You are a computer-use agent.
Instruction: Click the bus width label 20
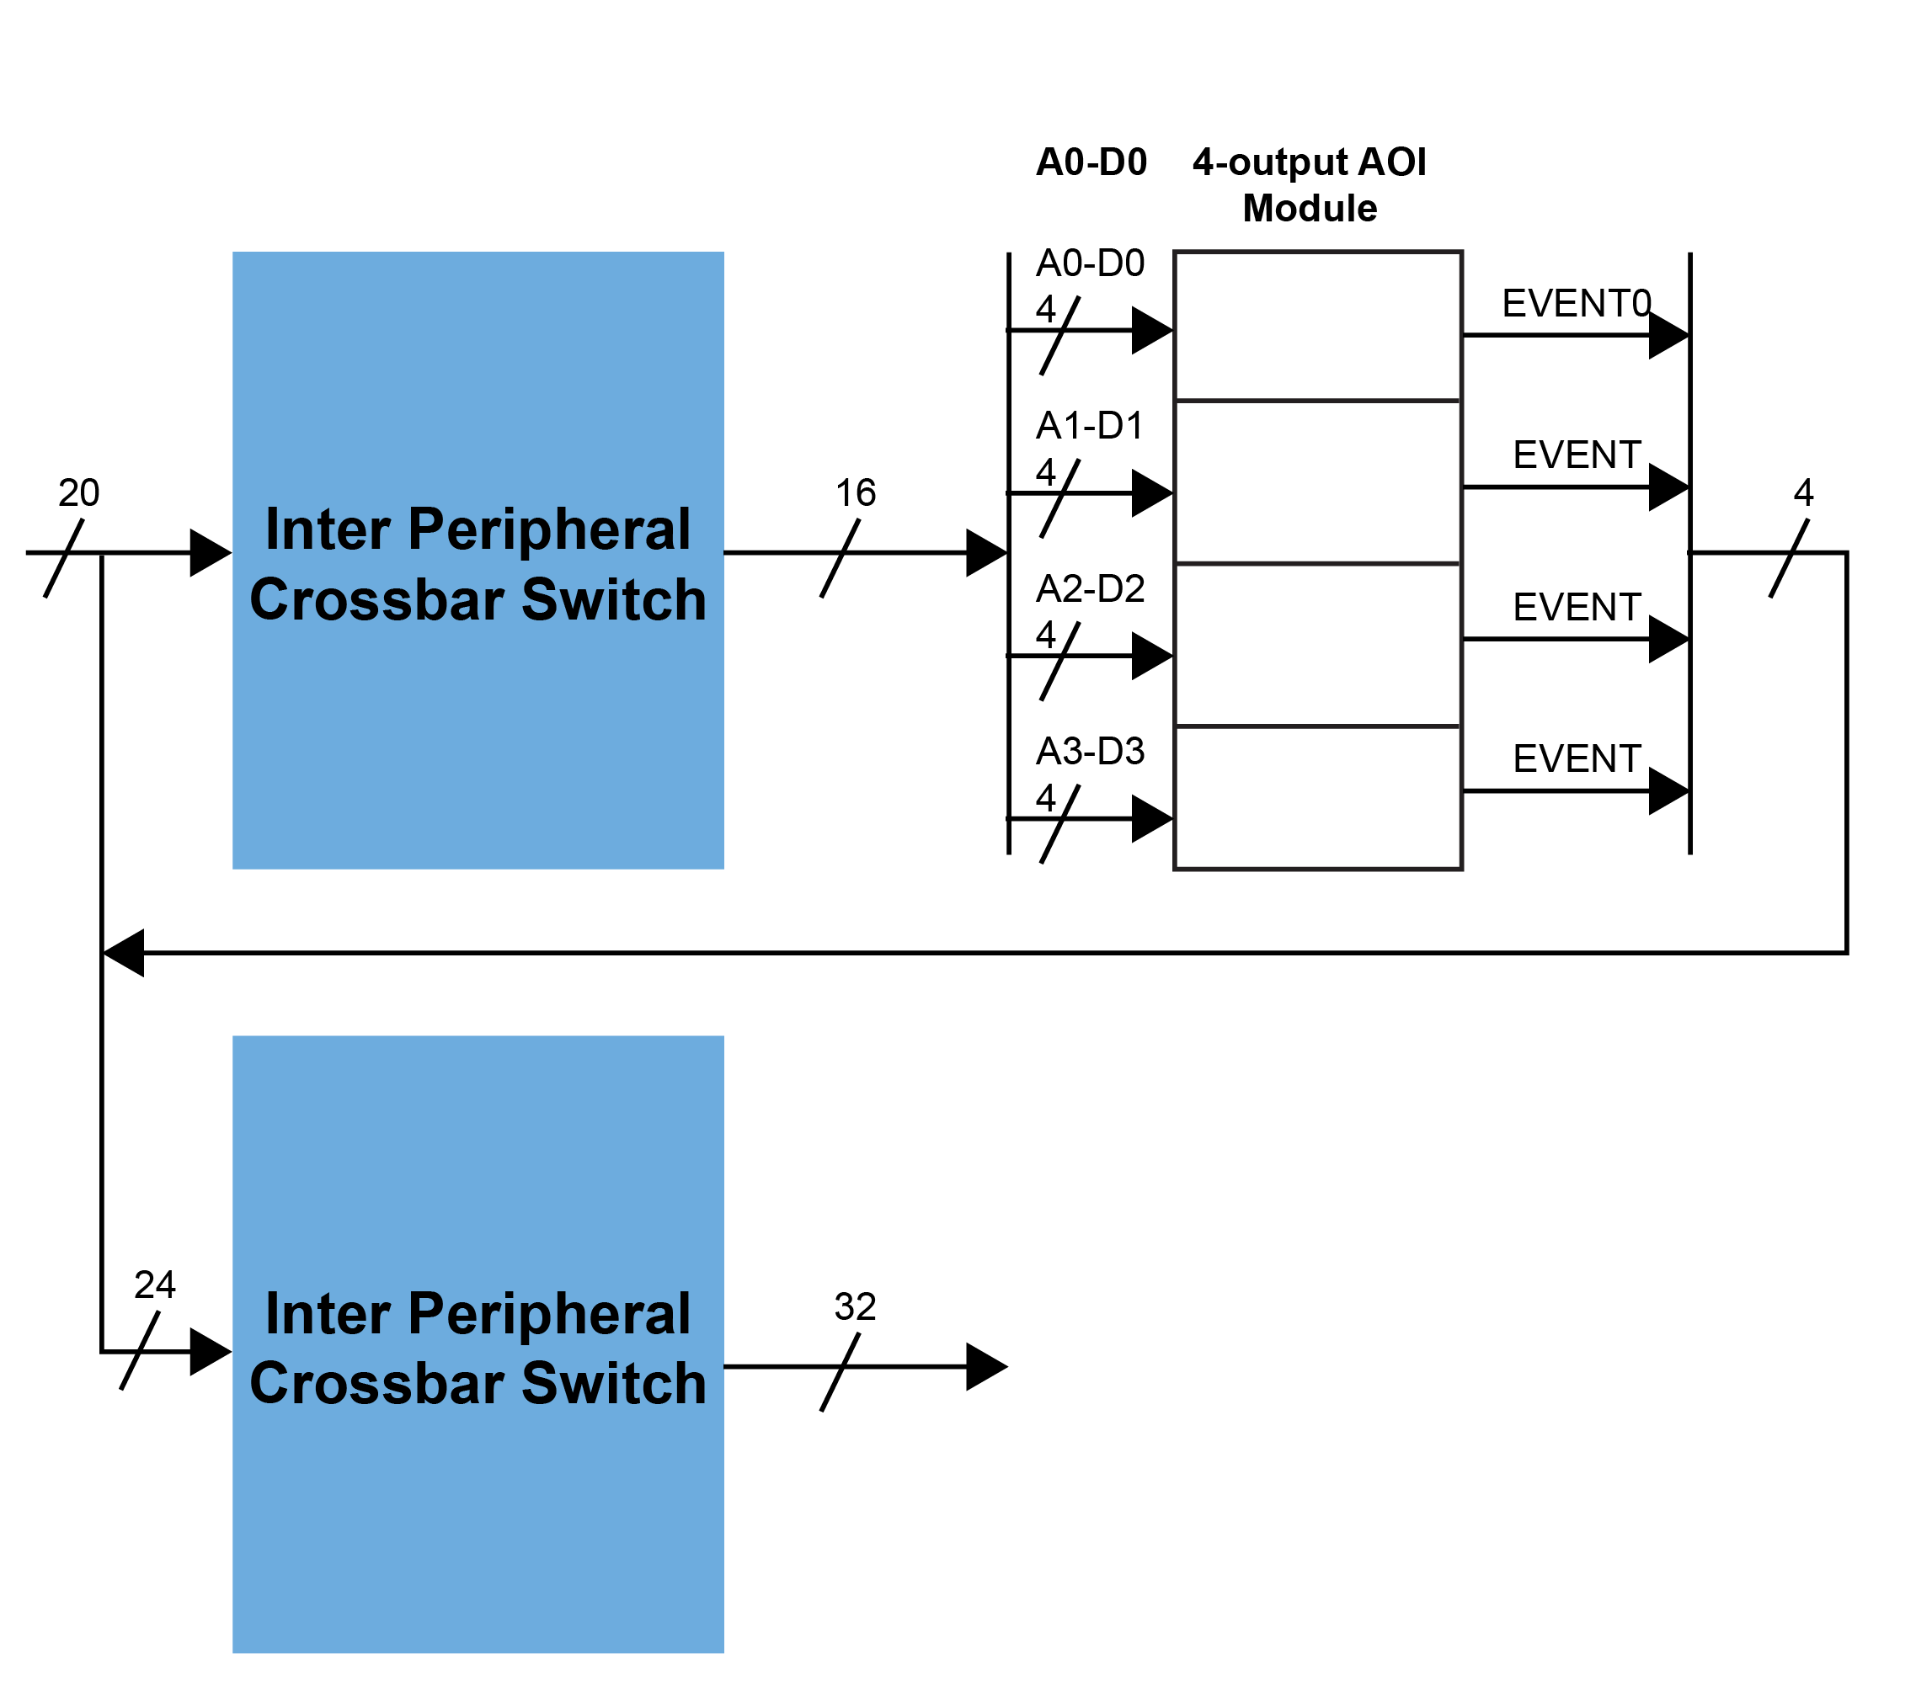tap(78, 493)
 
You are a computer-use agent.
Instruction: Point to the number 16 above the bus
tap(855, 493)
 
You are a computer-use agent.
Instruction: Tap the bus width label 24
tap(155, 1285)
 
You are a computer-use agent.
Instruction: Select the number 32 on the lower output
tap(855, 1307)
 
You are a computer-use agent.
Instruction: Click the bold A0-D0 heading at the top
tap(1091, 162)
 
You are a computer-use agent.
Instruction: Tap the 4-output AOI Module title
tap(1310, 184)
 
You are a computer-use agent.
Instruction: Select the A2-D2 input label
tap(1090, 589)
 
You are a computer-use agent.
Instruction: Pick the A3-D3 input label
tap(1090, 752)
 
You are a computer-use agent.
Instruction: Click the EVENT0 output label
tap(1576, 304)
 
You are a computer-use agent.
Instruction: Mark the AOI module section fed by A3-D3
tap(1318, 798)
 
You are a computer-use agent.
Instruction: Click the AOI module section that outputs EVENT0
tap(1318, 326)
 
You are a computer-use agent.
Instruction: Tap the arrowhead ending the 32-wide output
tap(986, 1367)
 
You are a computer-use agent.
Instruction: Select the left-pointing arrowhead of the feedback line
tap(124, 953)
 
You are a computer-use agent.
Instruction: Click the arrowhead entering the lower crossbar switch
tap(210, 1352)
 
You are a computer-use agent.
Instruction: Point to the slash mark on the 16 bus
tap(840, 558)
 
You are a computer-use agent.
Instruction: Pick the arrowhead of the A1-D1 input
tap(1152, 493)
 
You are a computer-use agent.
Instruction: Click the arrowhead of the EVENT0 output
tap(1668, 336)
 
